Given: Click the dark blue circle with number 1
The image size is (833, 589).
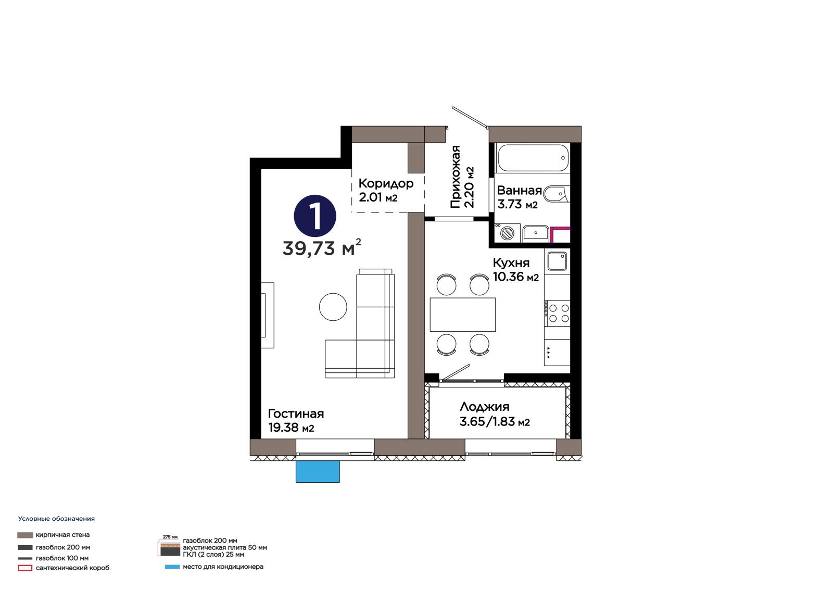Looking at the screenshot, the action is (x=315, y=216).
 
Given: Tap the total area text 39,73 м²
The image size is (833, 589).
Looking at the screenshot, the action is (x=322, y=247).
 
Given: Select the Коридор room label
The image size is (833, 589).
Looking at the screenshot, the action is (x=386, y=183).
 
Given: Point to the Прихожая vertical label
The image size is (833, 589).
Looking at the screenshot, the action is (x=456, y=177).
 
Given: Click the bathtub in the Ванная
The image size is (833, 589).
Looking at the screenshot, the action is (x=533, y=158).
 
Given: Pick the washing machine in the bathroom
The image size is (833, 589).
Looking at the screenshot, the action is (x=507, y=233).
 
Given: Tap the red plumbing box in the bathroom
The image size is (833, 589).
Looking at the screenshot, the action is (x=560, y=234).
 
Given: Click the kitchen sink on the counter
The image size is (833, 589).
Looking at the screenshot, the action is (x=557, y=261).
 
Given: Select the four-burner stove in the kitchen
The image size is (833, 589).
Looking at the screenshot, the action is (x=557, y=313).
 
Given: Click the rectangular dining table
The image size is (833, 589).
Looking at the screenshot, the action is (x=463, y=315).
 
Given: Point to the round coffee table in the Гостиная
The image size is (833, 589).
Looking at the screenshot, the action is (x=333, y=307).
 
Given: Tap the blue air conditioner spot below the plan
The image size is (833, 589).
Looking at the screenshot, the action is (x=318, y=471).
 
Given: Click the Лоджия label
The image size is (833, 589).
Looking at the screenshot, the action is (x=484, y=406).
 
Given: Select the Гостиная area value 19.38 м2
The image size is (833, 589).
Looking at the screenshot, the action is (x=291, y=428).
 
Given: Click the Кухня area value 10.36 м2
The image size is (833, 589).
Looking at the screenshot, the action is (x=516, y=277).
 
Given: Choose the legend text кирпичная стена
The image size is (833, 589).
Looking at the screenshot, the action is (x=63, y=535).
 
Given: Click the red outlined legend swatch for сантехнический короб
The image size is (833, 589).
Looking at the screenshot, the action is (x=25, y=568).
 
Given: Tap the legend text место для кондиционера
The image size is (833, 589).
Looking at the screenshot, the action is (x=223, y=567).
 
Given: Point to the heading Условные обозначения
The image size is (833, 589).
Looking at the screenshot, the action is (x=57, y=519).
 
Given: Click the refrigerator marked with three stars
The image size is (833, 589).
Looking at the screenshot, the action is (x=557, y=353).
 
